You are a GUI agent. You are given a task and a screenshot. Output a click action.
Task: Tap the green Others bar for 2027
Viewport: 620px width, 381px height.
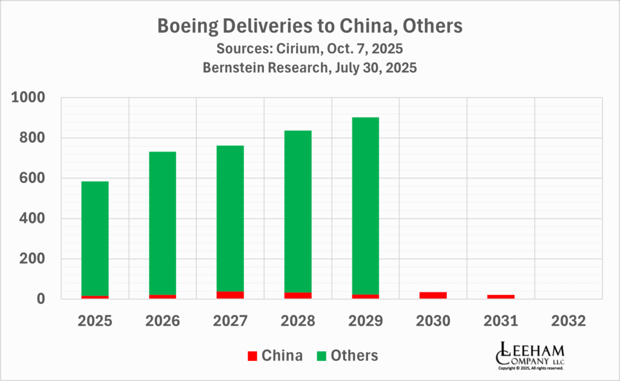(x=229, y=218)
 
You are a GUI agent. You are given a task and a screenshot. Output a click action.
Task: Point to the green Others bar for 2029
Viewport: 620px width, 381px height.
(x=365, y=205)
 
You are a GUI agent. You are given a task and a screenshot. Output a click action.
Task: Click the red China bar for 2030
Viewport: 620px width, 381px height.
(x=433, y=295)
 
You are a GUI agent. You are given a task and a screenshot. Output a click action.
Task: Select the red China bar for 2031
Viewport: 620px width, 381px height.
(x=501, y=296)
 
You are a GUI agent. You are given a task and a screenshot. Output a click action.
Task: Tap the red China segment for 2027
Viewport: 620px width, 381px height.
(x=229, y=295)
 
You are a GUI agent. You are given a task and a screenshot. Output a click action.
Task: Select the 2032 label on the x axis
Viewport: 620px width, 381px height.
(x=568, y=320)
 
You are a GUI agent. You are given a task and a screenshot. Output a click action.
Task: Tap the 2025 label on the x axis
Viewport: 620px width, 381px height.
(x=94, y=320)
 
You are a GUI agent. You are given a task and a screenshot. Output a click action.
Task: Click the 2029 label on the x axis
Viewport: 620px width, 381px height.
(x=365, y=320)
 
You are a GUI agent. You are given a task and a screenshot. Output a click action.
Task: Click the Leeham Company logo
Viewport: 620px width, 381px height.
(x=530, y=355)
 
